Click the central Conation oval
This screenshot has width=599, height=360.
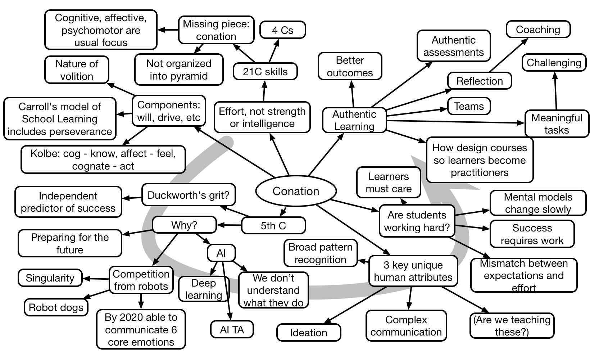pos(296,191)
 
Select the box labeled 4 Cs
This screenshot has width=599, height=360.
pos(282,30)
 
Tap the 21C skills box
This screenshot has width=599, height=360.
pos(265,71)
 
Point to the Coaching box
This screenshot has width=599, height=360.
pos(538,30)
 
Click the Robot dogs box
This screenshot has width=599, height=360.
pos(56,307)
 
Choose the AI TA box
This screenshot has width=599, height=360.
pos(232,330)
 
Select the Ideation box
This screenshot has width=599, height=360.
pos(308,332)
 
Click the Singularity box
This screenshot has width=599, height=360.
pos(50,278)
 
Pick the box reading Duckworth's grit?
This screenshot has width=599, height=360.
pos(189,195)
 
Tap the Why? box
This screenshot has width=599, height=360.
pos(184,225)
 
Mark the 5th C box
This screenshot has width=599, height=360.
pos(273,226)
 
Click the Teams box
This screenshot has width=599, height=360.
pos(469,107)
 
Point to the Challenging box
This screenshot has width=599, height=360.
pos(554,63)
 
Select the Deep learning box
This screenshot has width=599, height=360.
pos(204,289)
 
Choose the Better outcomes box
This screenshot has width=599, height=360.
pos(350,67)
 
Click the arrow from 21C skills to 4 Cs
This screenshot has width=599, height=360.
pos(273,50)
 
